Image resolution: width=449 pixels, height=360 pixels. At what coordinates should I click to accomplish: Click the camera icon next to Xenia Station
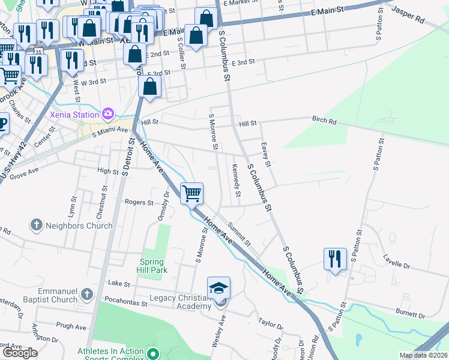[x=108, y=113]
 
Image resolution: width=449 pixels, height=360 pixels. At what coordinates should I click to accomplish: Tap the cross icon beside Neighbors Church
[x=36, y=226]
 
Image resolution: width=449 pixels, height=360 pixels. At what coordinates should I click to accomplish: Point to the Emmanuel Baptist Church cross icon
[x=87, y=294]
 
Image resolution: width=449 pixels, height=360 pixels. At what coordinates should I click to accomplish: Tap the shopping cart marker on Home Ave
[x=191, y=193]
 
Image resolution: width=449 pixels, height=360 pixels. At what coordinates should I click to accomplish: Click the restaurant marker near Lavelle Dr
[x=334, y=259]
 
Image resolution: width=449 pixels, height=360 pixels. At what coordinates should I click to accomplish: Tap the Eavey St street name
[x=268, y=155]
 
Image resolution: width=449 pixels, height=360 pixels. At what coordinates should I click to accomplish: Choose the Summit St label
[x=239, y=234]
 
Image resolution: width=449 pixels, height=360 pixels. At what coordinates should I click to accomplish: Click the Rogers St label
[x=139, y=203]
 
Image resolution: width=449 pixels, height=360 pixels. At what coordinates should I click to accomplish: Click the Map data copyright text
[x=423, y=355]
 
